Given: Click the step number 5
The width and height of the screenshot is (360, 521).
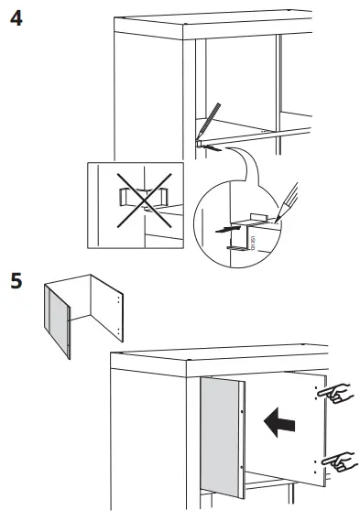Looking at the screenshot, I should (16, 277).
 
